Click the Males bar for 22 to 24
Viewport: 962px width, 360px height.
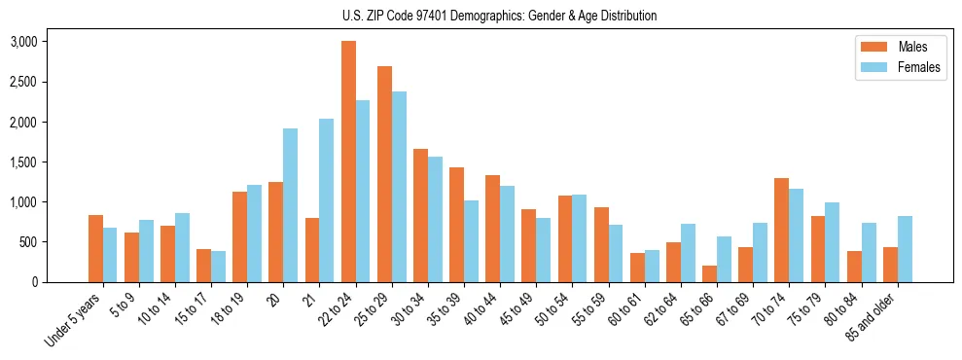(348, 162)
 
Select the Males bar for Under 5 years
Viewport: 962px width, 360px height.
(95, 248)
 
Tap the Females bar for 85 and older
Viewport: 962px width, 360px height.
(905, 249)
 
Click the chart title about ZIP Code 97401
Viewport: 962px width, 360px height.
(499, 16)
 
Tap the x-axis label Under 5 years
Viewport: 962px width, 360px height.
(74, 317)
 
